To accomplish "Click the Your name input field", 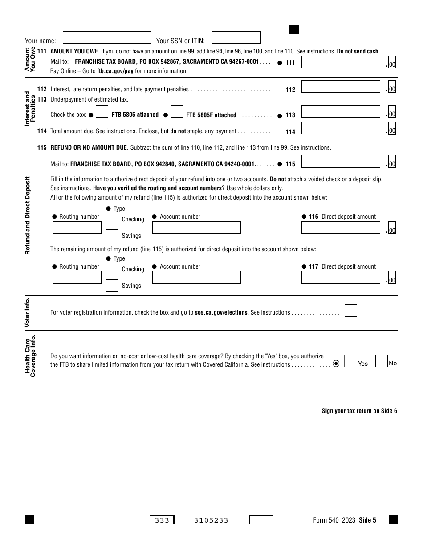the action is click(x=107, y=37).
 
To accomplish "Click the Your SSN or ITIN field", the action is click(x=236, y=37).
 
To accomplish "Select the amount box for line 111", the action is click(x=341, y=62).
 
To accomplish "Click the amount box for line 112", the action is click(x=341, y=86).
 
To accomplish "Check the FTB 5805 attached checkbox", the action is click(x=102, y=111).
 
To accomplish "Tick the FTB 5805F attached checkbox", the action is click(x=177, y=111).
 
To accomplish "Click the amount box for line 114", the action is click(x=341, y=128).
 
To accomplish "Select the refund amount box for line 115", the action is click(x=341, y=161).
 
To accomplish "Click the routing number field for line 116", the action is click(x=77, y=228).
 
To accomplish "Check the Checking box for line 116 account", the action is click(x=112, y=219).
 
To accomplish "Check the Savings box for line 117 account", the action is click(x=112, y=286).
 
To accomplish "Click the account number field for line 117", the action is click(x=196, y=278).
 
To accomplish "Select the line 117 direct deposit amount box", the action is click(x=341, y=278).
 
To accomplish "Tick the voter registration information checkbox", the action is click(x=351, y=311).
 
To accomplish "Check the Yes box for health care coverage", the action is click(x=350, y=361).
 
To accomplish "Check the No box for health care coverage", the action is click(x=381, y=361).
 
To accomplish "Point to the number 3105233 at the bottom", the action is click(x=211, y=520).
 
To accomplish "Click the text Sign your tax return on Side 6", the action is click(x=359, y=411).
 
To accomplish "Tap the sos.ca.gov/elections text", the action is click(x=221, y=313).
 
